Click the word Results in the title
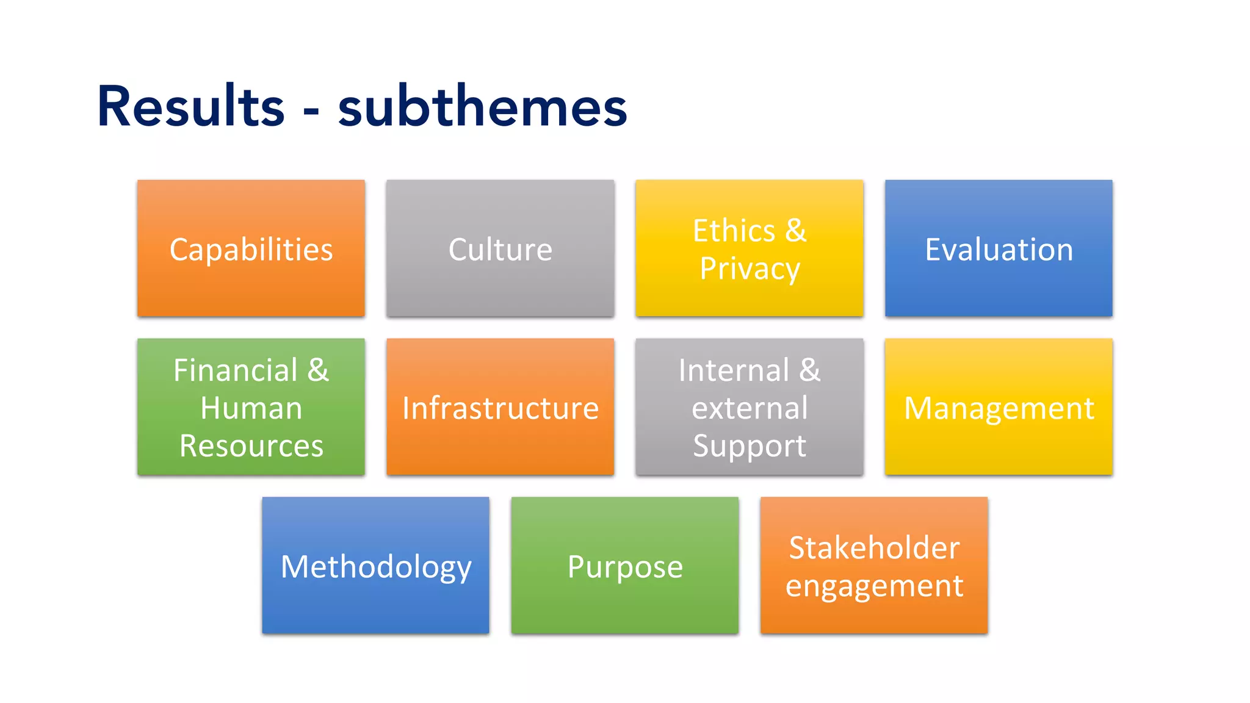click(x=190, y=107)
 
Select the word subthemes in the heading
click(x=482, y=107)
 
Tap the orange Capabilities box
click(x=251, y=248)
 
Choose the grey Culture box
click(x=500, y=248)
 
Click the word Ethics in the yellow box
click(x=734, y=231)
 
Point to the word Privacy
click(x=750, y=269)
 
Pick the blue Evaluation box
click(x=999, y=248)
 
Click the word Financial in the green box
click(x=236, y=370)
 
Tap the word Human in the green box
click(x=251, y=408)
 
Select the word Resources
click(x=251, y=446)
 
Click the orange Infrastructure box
click(x=500, y=407)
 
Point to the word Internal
click(x=734, y=370)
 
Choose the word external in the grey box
click(x=750, y=408)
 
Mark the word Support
click(x=750, y=446)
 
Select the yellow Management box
click(x=999, y=407)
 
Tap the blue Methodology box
click(x=375, y=566)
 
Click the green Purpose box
click(x=625, y=566)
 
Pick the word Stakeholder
click(x=874, y=547)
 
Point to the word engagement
click(x=874, y=586)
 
